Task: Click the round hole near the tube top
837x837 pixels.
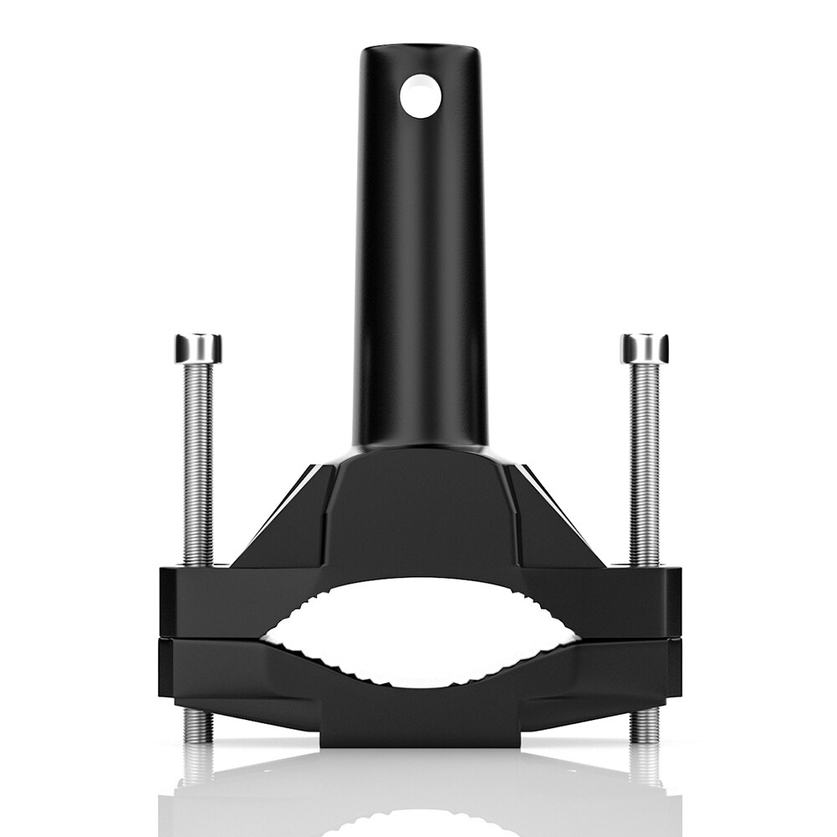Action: tap(420, 95)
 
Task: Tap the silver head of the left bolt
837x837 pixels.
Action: tap(198, 348)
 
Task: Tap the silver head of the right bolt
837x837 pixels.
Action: tap(644, 348)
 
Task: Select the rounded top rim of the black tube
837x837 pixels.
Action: tap(421, 52)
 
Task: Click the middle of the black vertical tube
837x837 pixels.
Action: tap(421, 251)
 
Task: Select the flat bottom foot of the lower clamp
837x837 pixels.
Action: tap(420, 732)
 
